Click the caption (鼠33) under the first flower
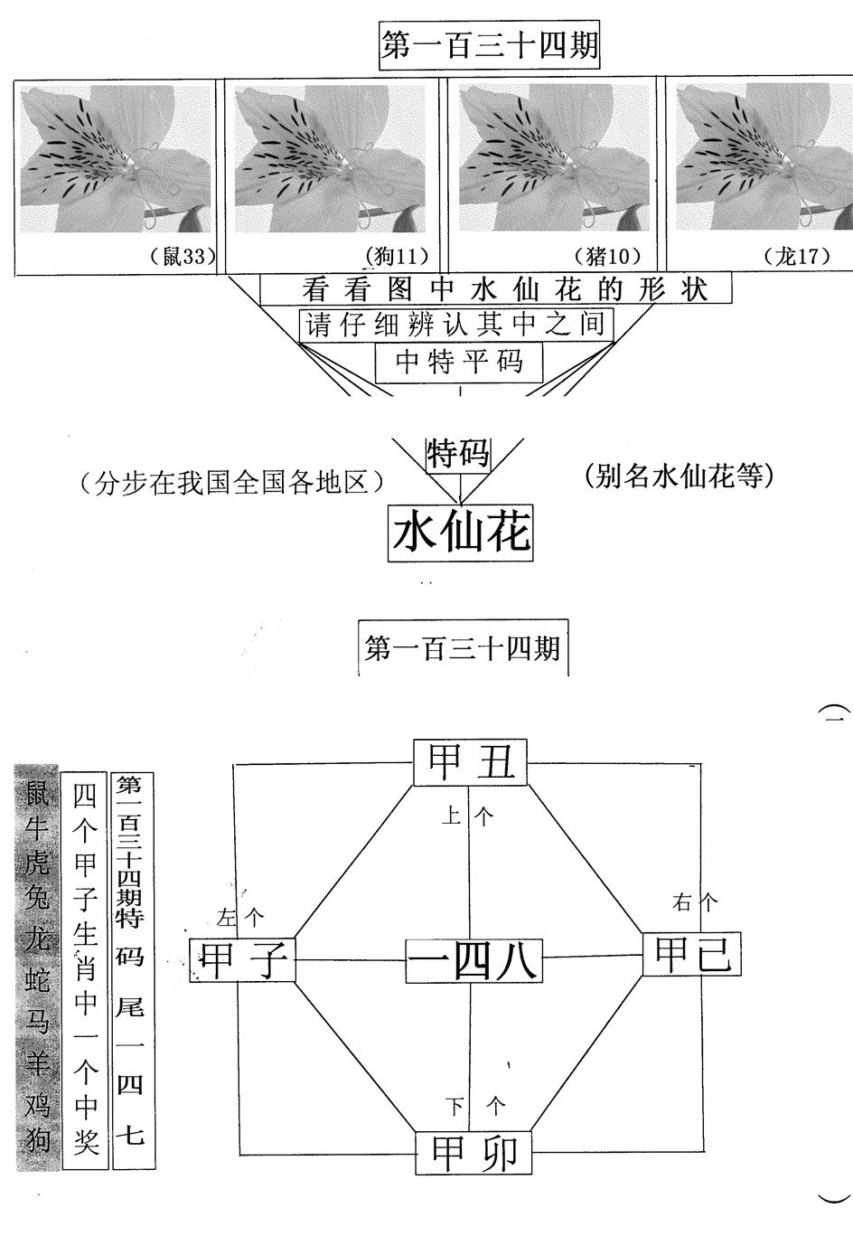pos(183,256)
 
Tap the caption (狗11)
pos(397,256)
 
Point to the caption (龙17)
pos(797,256)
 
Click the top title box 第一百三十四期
pos(489,45)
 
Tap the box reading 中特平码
pos(459,362)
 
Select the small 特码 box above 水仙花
pos(458,455)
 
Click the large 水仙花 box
pos(460,533)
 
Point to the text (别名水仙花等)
pos(679,477)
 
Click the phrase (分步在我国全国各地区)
pos(231,483)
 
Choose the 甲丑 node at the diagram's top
pos(471,762)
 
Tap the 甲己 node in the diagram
pos(691,954)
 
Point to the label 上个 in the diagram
pos(468,816)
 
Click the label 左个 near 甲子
pos(240,918)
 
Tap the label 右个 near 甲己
pos(695,902)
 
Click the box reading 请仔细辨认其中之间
pos(456,325)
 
